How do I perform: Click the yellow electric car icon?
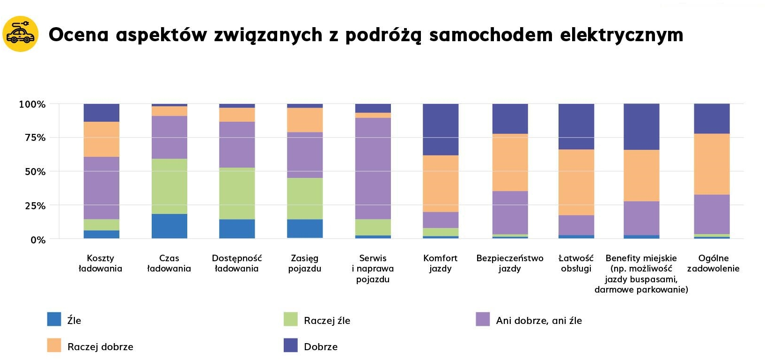click(x=21, y=34)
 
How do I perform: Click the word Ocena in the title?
click(x=79, y=35)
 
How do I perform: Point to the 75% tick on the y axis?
click(x=35, y=138)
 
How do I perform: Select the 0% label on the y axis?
click(x=38, y=240)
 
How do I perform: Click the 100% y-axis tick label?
click(x=32, y=104)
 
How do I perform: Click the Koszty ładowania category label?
click(x=100, y=263)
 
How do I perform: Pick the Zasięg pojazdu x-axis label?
click(x=304, y=263)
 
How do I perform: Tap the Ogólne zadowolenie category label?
click(x=713, y=263)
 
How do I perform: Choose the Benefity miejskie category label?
click(x=641, y=273)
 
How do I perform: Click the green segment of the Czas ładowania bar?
click(x=169, y=186)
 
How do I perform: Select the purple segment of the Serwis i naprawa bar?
click(x=373, y=169)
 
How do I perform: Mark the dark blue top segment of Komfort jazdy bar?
click(x=441, y=129)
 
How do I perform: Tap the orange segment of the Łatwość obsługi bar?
click(x=576, y=182)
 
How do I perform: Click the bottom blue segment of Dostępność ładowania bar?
click(x=237, y=229)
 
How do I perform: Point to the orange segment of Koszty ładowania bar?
click(x=102, y=139)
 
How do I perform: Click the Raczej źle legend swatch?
click(x=291, y=319)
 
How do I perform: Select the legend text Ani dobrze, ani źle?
click(x=539, y=321)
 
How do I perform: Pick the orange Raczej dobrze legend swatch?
click(x=54, y=345)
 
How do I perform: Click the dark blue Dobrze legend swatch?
click(x=291, y=345)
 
